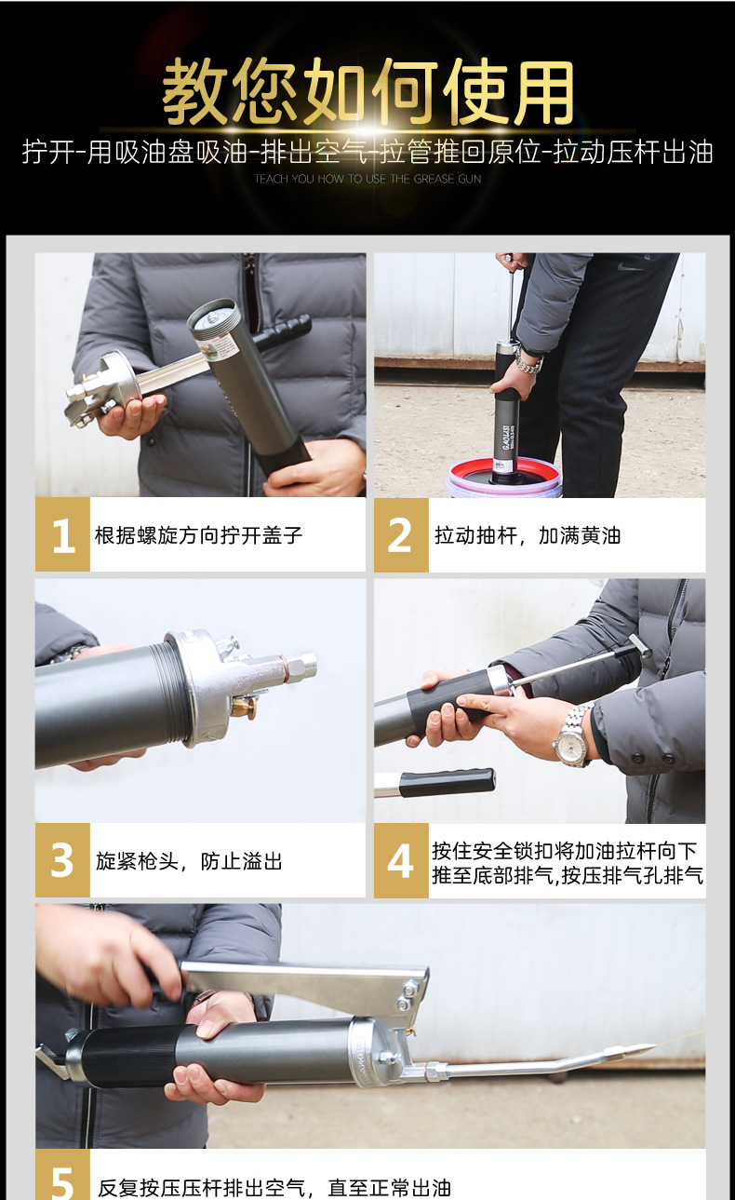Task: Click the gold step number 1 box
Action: tap(62, 535)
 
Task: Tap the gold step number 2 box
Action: tap(401, 535)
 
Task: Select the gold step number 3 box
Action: tap(62, 860)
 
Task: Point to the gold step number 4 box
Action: tap(401, 861)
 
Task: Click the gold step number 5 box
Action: tap(62, 1178)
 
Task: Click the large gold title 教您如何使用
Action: tap(368, 92)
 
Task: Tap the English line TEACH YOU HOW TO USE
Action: tap(367, 179)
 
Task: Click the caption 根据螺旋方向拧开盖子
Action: tap(199, 536)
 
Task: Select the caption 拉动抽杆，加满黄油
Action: tap(528, 536)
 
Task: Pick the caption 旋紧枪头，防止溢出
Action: tap(189, 861)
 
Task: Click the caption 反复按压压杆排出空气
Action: tap(274, 1188)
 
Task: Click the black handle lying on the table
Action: tap(447, 782)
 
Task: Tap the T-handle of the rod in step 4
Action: tap(640, 646)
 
